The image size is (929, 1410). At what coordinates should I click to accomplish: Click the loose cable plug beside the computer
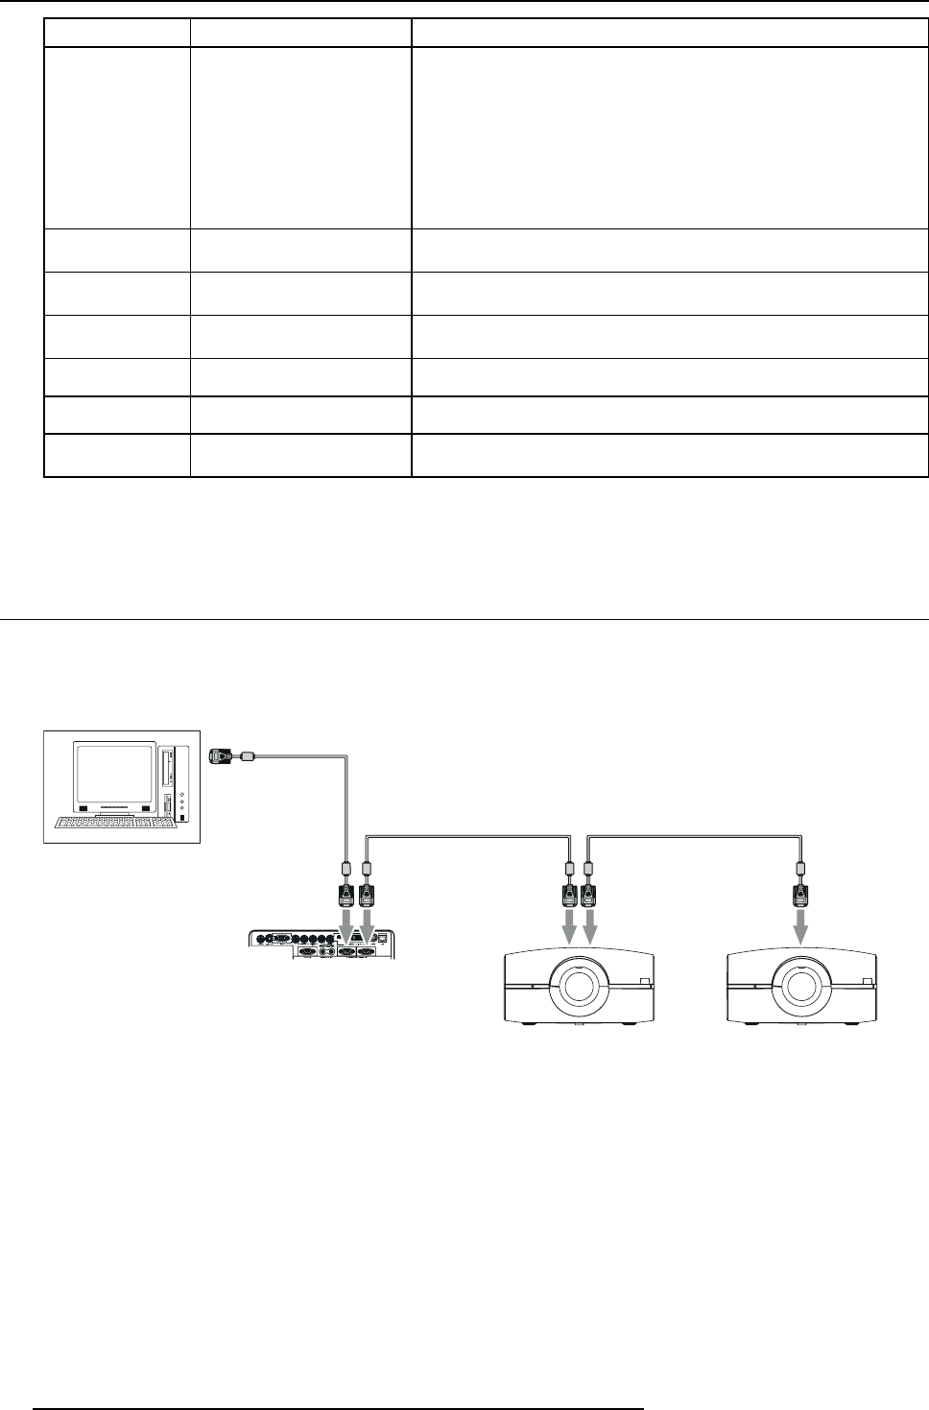(x=222, y=756)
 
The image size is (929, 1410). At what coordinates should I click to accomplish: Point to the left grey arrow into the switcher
(x=345, y=922)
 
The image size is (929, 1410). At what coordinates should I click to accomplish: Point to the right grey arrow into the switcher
(x=366, y=922)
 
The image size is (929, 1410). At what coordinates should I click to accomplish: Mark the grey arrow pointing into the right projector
(x=800, y=927)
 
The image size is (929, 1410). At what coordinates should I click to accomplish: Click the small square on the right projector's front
(x=866, y=981)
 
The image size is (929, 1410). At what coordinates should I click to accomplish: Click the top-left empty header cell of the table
(x=116, y=34)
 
